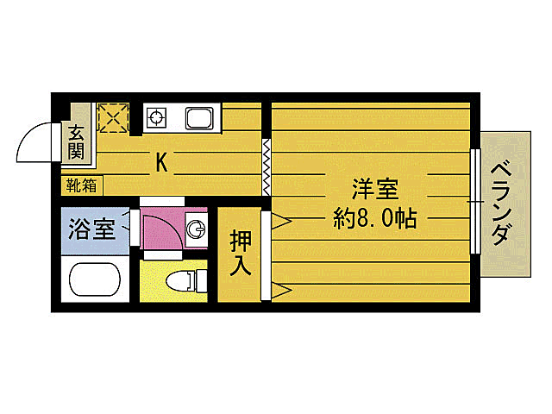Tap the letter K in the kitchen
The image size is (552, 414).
pyautogui.click(x=160, y=160)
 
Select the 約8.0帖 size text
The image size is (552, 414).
pyautogui.click(x=375, y=218)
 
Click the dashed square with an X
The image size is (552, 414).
pyautogui.click(x=113, y=117)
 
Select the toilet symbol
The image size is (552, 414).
pyautogui.click(x=187, y=279)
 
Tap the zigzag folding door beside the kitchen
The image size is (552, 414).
pyautogui.click(x=267, y=166)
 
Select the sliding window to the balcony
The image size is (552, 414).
pyautogui.click(x=474, y=202)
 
